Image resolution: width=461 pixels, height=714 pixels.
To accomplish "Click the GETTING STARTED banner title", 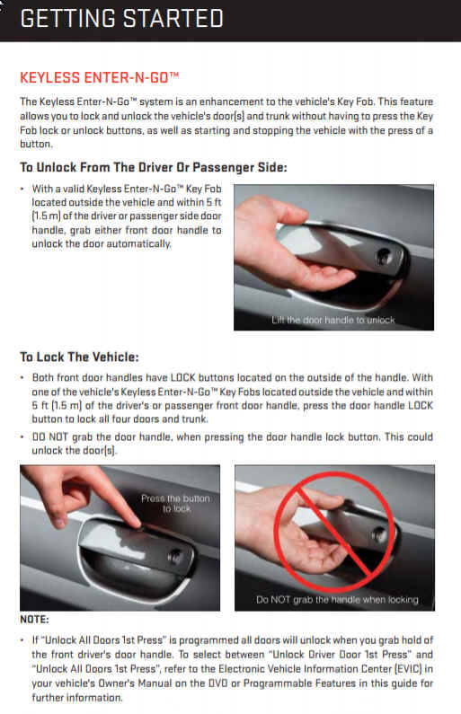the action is pyautogui.click(x=121, y=19).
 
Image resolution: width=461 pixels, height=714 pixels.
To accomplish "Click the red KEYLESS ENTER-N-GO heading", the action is pyautogui.click(x=100, y=78).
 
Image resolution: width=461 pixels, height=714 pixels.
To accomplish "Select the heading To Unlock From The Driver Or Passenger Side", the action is pyautogui.click(x=154, y=168).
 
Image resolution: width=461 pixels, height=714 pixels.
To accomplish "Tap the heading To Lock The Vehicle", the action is pyautogui.click(x=79, y=357).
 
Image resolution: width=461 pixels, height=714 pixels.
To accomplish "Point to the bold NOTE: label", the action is pyautogui.click(x=34, y=620).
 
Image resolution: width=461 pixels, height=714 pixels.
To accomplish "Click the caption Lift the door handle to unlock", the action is pyautogui.click(x=333, y=320).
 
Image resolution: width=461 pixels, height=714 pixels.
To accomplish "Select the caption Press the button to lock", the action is pyautogui.click(x=176, y=503).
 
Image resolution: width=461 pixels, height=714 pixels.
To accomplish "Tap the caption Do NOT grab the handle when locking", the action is pyautogui.click(x=337, y=600).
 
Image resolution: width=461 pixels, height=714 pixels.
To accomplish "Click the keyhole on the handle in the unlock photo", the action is pyautogui.click(x=384, y=256).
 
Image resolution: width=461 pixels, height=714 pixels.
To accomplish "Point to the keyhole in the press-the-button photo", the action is pyautogui.click(x=174, y=556).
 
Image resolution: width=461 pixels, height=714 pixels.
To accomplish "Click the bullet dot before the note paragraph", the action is pyautogui.click(x=22, y=640).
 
